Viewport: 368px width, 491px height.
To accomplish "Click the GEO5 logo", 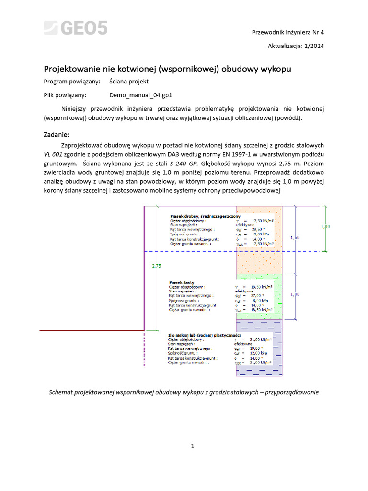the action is pyautogui.click(x=76, y=28).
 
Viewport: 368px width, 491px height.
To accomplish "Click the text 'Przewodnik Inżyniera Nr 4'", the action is pyautogui.click(x=288, y=32).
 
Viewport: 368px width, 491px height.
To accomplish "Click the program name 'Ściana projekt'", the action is pyautogui.click(x=129, y=82).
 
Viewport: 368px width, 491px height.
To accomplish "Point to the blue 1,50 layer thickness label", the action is pyautogui.click(x=295, y=238).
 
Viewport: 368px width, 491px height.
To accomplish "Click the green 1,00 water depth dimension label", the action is pyautogui.click(x=325, y=226).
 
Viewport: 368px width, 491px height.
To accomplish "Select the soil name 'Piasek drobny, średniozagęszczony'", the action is pyautogui.click(x=202, y=216).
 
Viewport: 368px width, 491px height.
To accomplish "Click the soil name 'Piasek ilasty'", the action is pyautogui.click(x=182, y=283).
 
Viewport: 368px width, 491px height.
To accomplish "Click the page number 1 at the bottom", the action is pyautogui.click(x=192, y=446).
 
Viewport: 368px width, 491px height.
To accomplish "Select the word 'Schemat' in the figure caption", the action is pyautogui.click(x=62, y=392).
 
